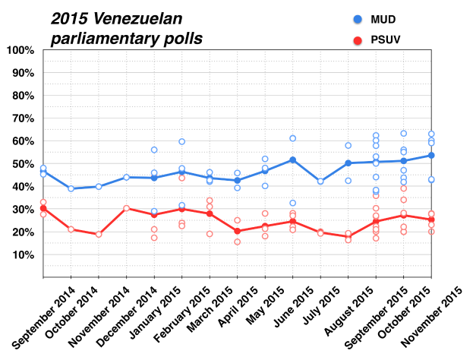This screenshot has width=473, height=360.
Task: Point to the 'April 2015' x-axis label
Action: [219, 308]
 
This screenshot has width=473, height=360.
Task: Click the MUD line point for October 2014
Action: [71, 188]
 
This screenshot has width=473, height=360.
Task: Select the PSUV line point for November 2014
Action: [99, 234]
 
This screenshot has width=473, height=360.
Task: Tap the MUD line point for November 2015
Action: [431, 155]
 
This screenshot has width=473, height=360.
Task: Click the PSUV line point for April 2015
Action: [237, 231]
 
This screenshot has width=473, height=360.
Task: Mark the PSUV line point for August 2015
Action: [348, 236]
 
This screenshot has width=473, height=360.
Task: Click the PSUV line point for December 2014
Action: [126, 208]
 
